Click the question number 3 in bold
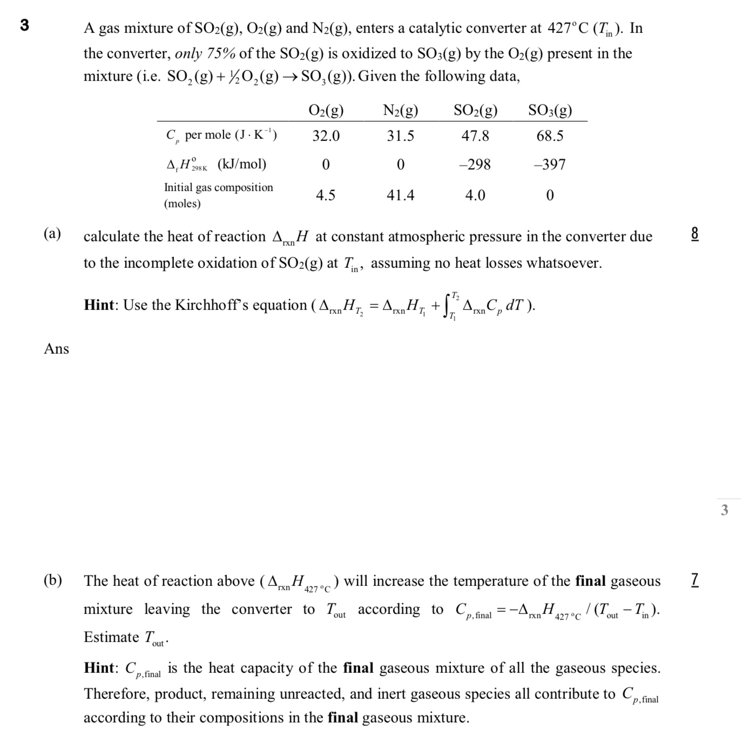point(24,25)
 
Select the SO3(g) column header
point(550,111)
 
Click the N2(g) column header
point(400,111)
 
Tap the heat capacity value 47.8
point(475,136)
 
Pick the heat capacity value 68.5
point(550,136)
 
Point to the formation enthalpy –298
point(475,164)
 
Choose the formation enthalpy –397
point(550,164)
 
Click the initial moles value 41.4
point(400,195)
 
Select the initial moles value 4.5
point(325,195)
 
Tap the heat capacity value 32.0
point(326,136)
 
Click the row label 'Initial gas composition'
point(218,187)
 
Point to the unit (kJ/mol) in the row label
point(241,164)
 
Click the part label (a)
point(52,234)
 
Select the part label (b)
point(52,580)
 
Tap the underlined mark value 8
point(695,234)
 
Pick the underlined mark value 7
point(695,580)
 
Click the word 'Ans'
point(57,349)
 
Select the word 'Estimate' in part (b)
point(111,637)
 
